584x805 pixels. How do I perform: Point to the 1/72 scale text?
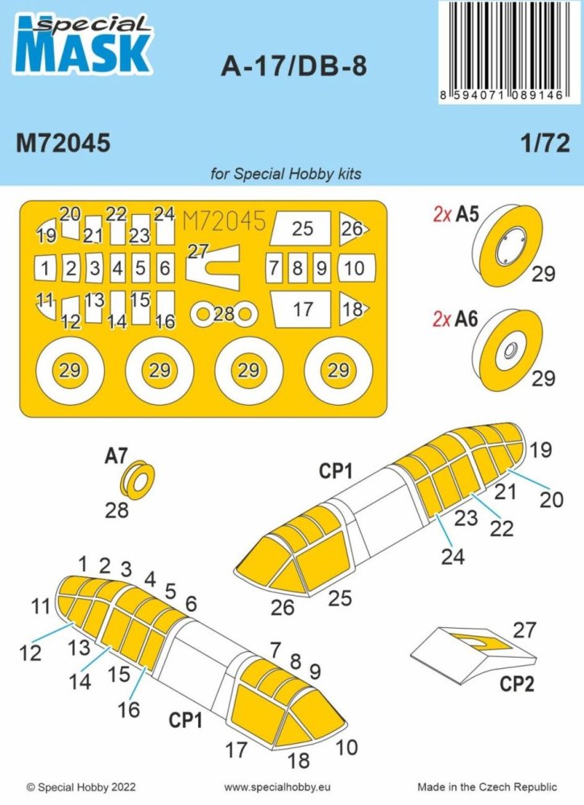[549, 142]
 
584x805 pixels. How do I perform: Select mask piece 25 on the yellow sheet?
[302, 229]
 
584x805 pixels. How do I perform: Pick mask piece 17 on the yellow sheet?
[302, 309]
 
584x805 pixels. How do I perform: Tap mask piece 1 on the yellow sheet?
[48, 267]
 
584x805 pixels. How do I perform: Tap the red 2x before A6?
[441, 318]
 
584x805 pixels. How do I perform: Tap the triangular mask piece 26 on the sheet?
[352, 229]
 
